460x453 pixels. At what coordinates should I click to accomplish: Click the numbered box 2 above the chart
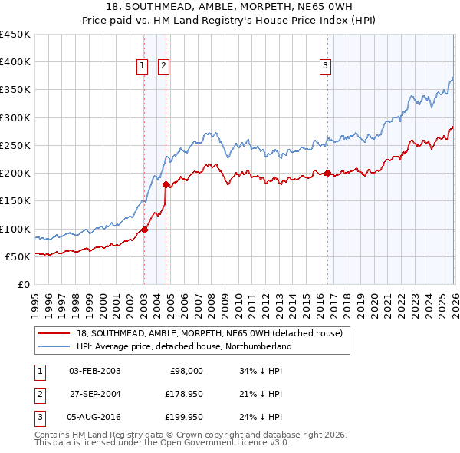pos(164,67)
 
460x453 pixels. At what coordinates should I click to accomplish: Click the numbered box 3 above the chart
pos(325,67)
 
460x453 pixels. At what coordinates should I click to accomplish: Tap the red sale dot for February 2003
pos(144,230)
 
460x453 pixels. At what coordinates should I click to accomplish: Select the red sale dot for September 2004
pos(166,185)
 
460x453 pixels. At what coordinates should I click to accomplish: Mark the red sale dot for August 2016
pos(327,174)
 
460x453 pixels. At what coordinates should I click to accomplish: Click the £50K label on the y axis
pos(18,256)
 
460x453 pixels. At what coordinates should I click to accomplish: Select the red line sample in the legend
pos(54,333)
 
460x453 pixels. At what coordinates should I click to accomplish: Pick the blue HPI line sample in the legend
pos(54,346)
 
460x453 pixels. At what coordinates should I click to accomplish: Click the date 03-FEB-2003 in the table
pos(95,371)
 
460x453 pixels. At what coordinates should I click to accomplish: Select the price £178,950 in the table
pos(182,395)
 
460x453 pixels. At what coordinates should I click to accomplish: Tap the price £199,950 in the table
pos(182,418)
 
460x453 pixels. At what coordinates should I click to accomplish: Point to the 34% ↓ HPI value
pos(261,371)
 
